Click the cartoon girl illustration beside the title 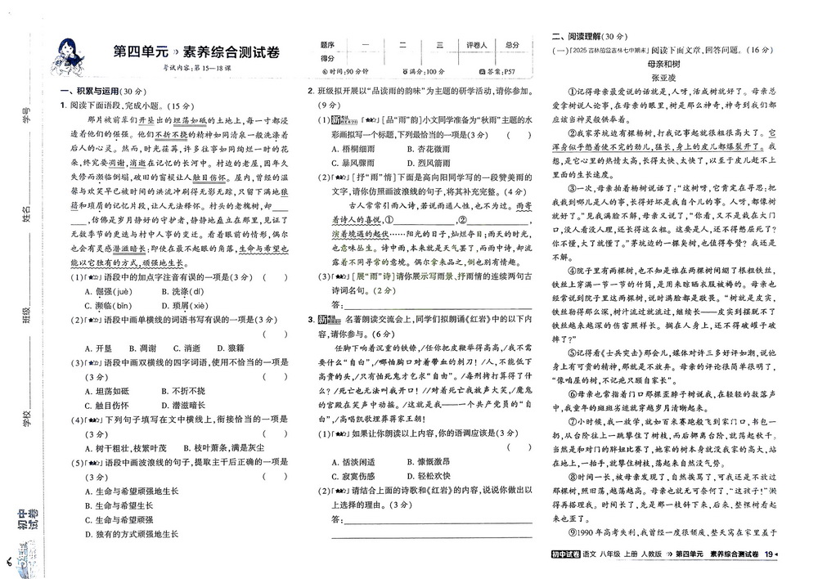click(68, 54)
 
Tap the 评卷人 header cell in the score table click(477, 45)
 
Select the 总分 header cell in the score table click(513, 45)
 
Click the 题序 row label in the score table click(327, 45)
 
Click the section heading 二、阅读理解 click(589, 36)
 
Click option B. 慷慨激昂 click(428, 462)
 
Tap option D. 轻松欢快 click(428, 476)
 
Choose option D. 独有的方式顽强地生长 click(136, 533)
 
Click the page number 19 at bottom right click(768, 556)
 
